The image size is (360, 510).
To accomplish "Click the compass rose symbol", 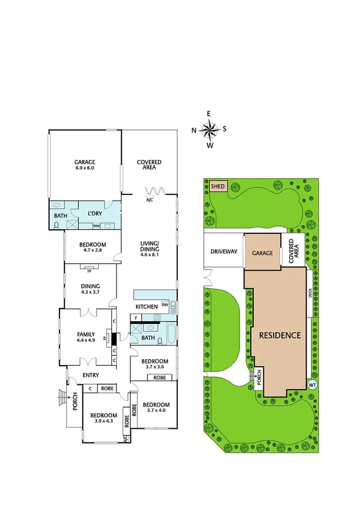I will tap(209, 129).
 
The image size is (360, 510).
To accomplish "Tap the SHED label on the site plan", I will tap(218, 186).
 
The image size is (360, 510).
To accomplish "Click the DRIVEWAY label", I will tap(224, 253).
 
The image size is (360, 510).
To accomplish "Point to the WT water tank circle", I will tap(312, 384).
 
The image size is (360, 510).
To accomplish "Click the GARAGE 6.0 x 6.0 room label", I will tap(85, 165).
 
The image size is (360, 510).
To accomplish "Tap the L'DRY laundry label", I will tap(95, 214).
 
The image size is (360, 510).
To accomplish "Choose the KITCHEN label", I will tap(147, 307).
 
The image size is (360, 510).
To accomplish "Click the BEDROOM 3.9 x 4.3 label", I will tap(104, 418).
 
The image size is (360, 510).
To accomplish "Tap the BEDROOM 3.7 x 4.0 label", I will tap(158, 408).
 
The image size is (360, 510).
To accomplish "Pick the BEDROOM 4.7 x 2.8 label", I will tap(93, 247).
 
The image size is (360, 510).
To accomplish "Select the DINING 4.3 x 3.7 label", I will tap(90, 289).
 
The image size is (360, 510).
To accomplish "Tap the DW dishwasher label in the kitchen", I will tap(164, 306).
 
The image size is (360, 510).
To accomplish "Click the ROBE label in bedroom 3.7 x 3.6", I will tap(160, 378).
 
